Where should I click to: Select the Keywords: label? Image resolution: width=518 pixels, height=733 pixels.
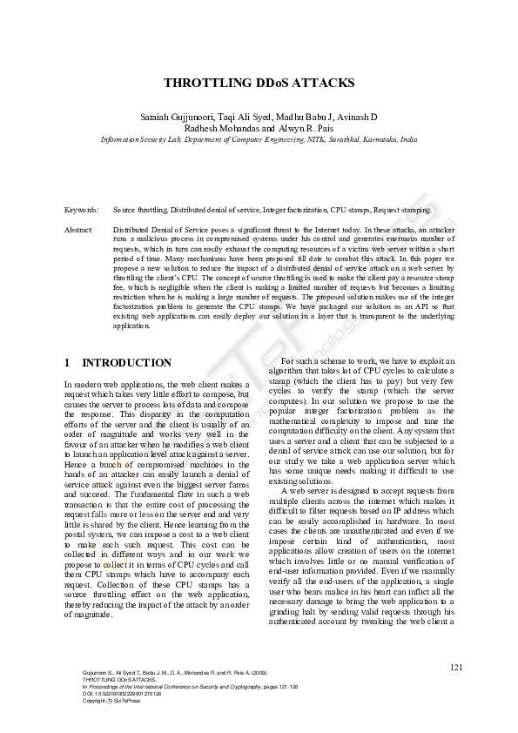click(82, 211)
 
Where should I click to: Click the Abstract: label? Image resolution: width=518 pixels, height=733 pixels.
click(79, 229)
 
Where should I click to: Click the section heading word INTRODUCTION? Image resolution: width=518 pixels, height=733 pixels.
click(126, 363)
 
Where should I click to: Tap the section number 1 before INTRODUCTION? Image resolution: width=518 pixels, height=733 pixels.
click(68, 363)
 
